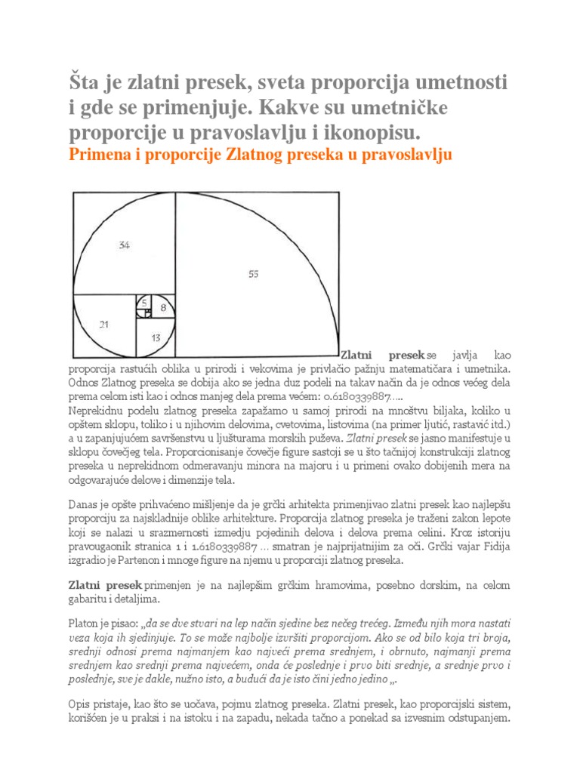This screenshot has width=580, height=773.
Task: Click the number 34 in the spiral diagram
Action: point(125,245)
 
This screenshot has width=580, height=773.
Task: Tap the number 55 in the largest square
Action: point(254,275)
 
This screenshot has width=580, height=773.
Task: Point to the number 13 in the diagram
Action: point(156,338)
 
